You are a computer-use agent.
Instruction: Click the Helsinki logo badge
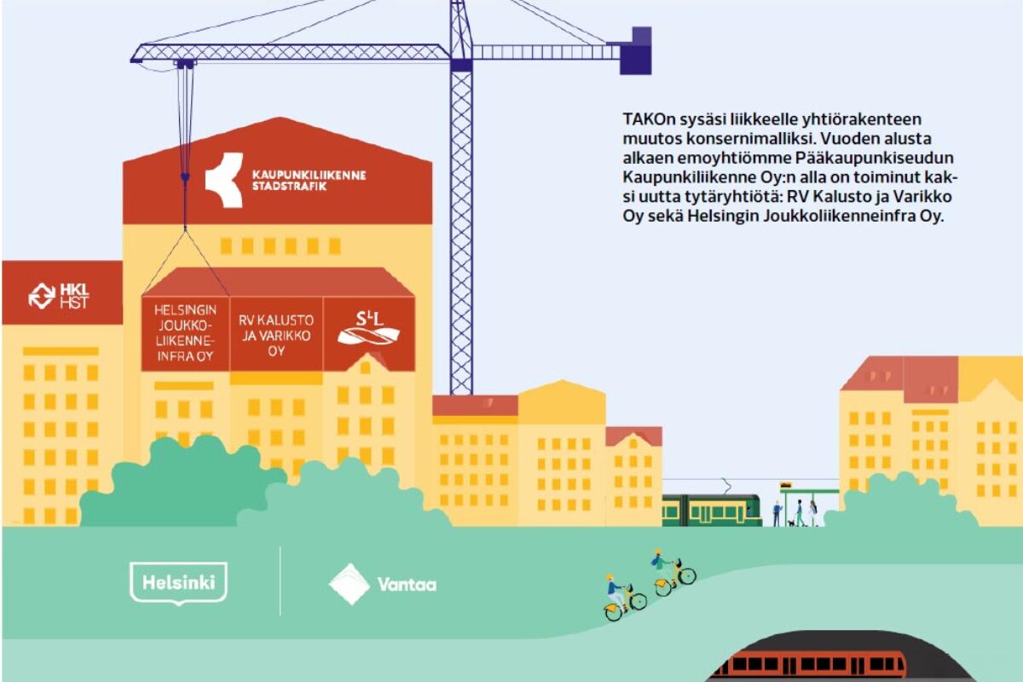tap(178, 583)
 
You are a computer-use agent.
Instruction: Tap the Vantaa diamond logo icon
tap(349, 584)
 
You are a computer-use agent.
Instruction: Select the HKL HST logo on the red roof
tap(59, 295)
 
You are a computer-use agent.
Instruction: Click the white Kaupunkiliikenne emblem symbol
tap(223, 180)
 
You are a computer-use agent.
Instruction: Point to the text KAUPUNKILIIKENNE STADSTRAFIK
tap(308, 180)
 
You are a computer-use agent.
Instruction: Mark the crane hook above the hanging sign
tap(183, 177)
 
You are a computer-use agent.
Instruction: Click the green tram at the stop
tap(711, 510)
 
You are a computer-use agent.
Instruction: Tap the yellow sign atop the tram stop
tap(785, 486)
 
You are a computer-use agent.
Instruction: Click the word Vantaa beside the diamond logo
tap(407, 585)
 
